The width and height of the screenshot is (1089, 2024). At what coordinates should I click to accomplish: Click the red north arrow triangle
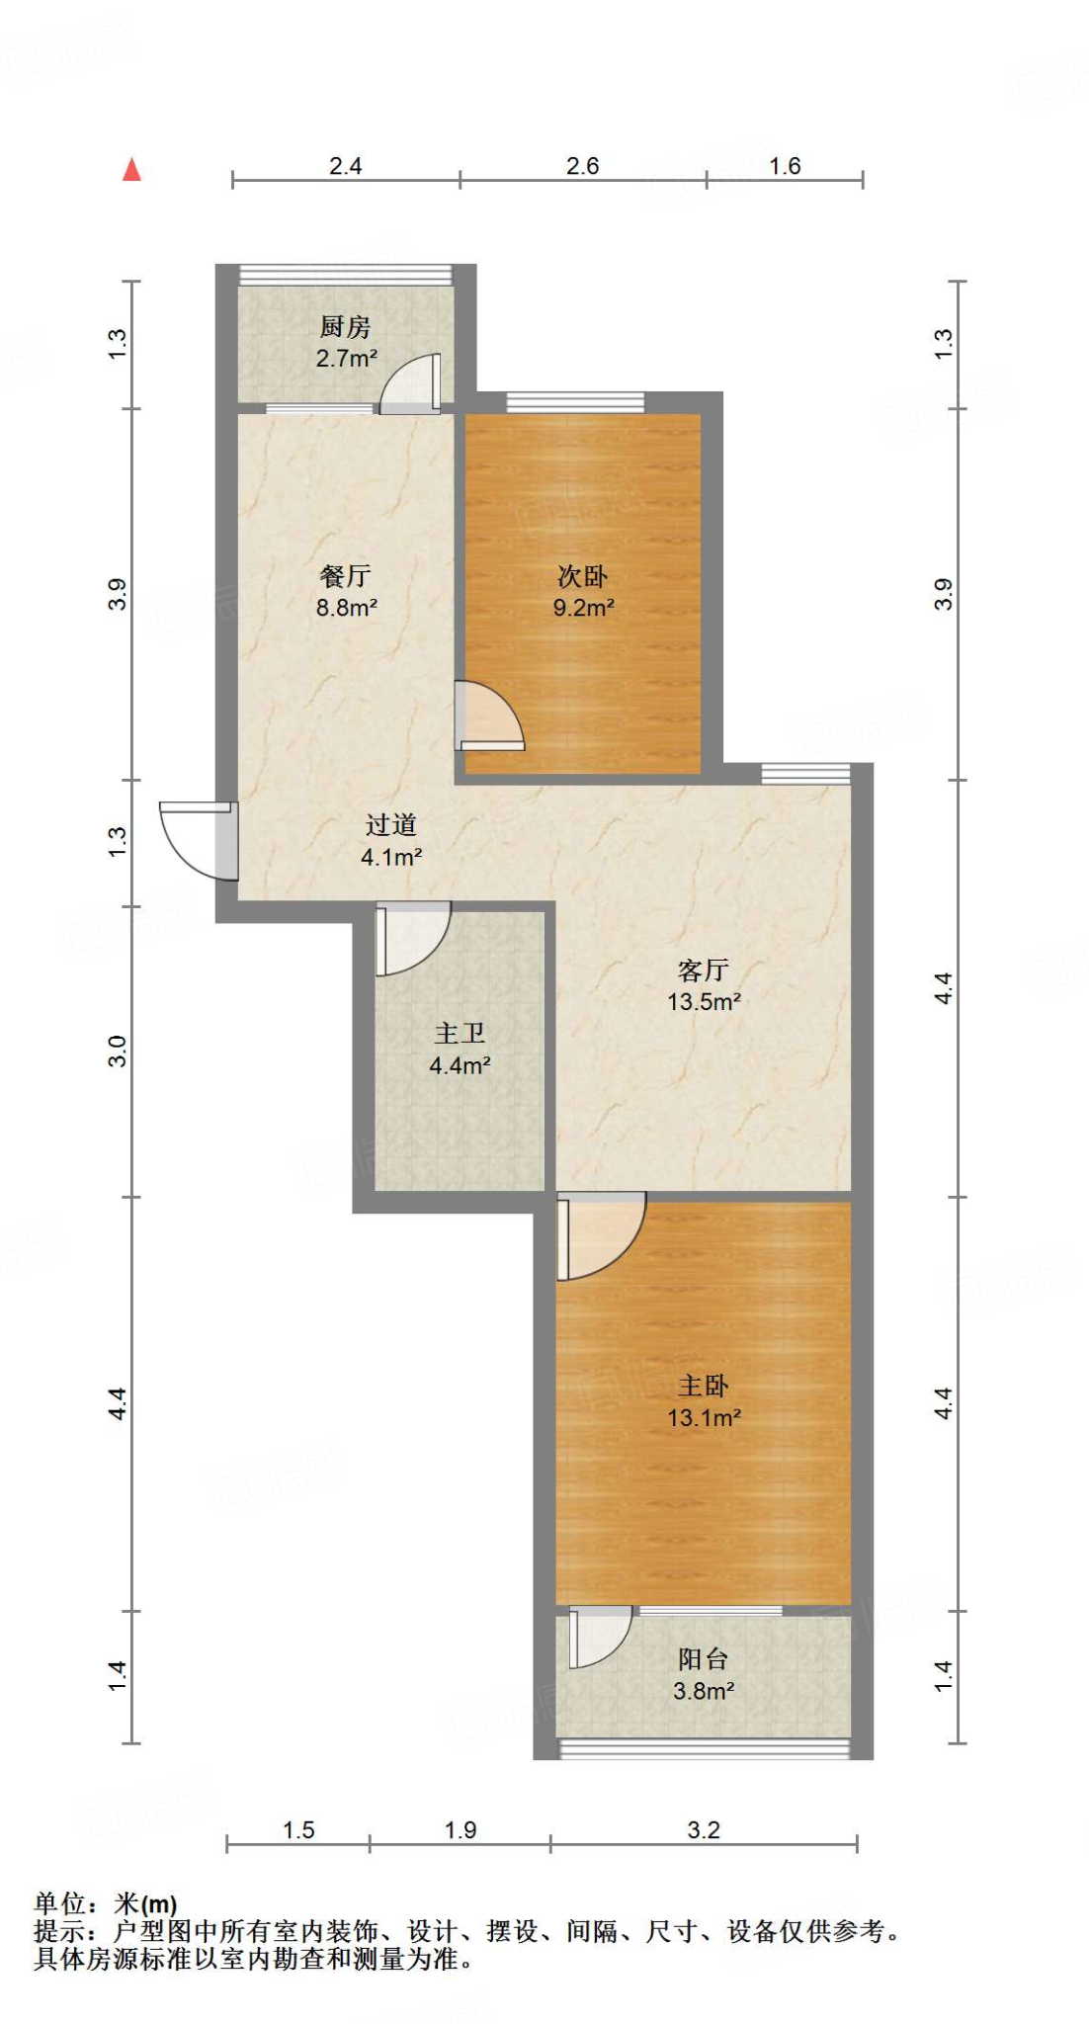click(x=131, y=170)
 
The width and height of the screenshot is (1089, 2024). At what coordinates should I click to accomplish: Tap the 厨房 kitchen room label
click(x=345, y=326)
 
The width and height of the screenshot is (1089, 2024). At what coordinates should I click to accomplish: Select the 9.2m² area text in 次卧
click(x=583, y=608)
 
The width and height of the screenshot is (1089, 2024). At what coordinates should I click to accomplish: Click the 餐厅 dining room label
click(x=345, y=575)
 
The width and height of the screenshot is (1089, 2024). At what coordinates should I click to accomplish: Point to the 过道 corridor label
click(x=390, y=824)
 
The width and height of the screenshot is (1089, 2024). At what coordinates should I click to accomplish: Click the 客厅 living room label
click(x=703, y=970)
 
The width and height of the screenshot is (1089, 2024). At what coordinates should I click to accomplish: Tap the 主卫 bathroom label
click(x=460, y=1034)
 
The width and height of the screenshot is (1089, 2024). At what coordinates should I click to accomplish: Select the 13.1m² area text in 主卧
click(x=704, y=1418)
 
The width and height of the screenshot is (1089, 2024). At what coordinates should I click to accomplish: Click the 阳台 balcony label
click(x=703, y=1659)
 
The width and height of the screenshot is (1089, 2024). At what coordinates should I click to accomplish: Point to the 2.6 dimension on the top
click(x=582, y=166)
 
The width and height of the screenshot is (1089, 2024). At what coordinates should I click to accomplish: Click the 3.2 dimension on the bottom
click(x=704, y=1830)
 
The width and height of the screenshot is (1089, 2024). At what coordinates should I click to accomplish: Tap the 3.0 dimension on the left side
click(x=118, y=1051)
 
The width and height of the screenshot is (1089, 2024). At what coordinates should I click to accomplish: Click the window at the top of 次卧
click(x=575, y=402)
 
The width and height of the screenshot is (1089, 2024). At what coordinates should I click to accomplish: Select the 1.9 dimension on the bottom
click(x=461, y=1830)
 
